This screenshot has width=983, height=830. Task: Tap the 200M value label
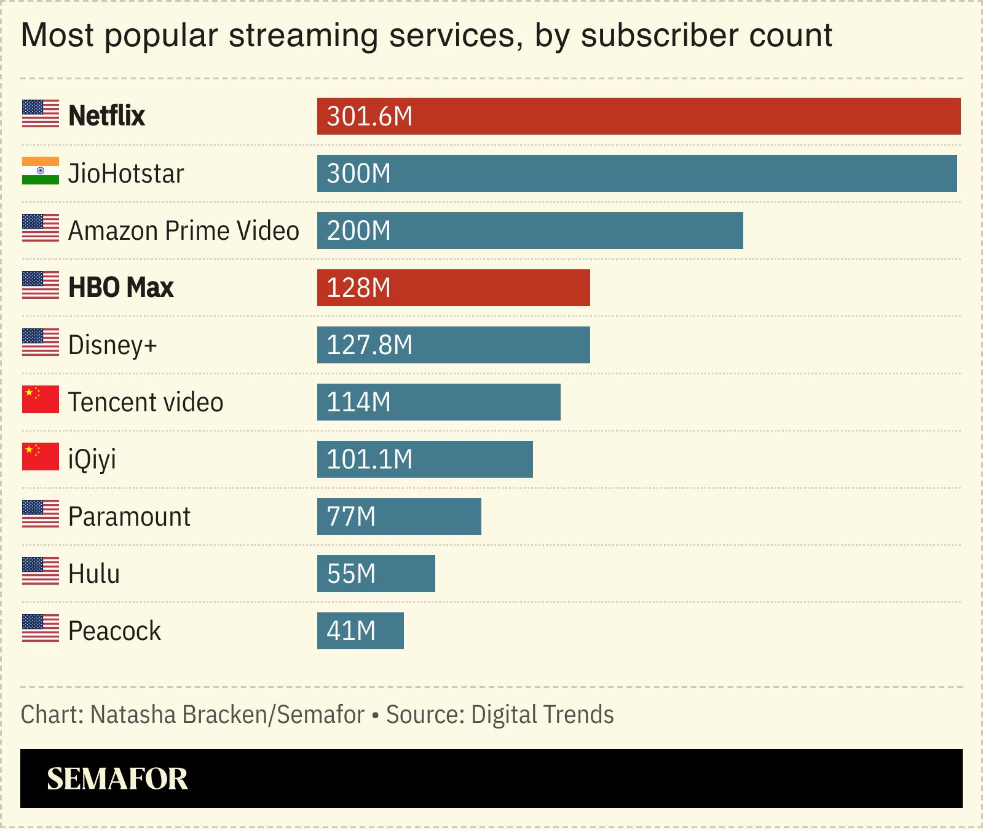pos(358,231)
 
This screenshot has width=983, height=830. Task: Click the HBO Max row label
pos(121,288)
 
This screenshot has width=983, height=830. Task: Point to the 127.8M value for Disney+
pos(369,346)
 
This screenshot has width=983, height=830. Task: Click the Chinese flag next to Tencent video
pos(41,400)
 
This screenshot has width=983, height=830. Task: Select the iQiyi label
pos(92,459)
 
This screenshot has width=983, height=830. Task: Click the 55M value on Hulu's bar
pos(351,574)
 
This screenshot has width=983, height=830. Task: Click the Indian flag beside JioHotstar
pos(41,171)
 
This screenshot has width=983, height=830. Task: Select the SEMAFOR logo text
pos(117,779)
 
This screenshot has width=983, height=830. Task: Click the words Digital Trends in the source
pos(542,715)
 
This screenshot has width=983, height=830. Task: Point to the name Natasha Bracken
pos(178,715)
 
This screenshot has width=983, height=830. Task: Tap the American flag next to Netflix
pos(41,114)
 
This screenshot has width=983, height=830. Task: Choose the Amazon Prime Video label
pos(183,231)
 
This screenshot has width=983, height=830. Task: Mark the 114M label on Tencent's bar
pos(358,403)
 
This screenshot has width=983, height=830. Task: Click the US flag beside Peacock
pos(41,628)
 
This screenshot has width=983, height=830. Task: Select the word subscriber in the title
pos(660,36)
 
